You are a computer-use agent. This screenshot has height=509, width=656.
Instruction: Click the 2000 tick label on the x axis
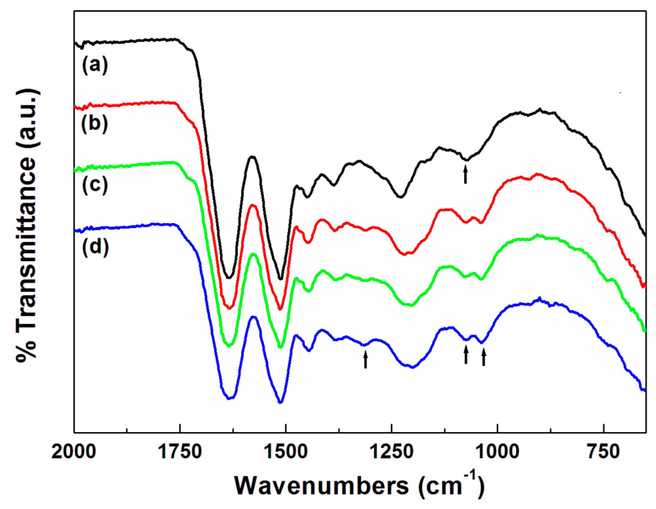click(74, 452)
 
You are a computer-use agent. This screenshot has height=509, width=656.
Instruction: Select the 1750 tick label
click(180, 452)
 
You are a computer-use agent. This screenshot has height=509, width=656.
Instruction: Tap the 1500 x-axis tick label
click(285, 452)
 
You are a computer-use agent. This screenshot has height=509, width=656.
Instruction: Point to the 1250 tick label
click(392, 452)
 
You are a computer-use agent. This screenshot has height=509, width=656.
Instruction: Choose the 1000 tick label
click(497, 452)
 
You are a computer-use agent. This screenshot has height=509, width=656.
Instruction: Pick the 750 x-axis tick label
click(603, 452)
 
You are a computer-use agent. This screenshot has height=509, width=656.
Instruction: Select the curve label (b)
click(95, 124)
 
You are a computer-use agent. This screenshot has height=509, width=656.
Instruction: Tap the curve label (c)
click(95, 185)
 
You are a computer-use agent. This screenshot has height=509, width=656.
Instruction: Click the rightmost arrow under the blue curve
click(484, 357)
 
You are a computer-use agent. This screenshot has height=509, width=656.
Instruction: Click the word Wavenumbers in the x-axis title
click(321, 486)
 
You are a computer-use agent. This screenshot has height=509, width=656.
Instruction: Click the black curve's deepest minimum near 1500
click(281, 278)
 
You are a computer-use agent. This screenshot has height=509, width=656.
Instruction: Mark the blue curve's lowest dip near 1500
click(280, 402)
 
